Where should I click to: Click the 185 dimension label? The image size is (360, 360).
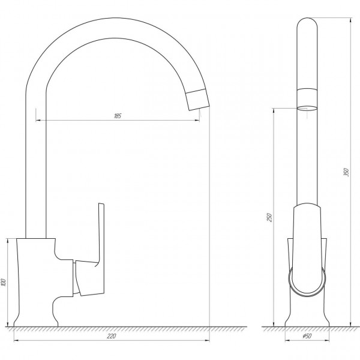click(x=118, y=116)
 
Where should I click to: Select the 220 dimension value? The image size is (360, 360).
click(x=112, y=336)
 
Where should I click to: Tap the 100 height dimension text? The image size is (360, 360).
click(x=4, y=283)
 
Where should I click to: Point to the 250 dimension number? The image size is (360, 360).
click(x=269, y=217)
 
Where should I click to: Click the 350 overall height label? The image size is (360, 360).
click(x=346, y=172)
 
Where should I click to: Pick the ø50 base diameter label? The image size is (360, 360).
click(x=307, y=336)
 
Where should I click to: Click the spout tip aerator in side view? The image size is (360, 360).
click(x=197, y=100)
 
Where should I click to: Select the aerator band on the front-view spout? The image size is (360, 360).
click(x=307, y=97)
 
